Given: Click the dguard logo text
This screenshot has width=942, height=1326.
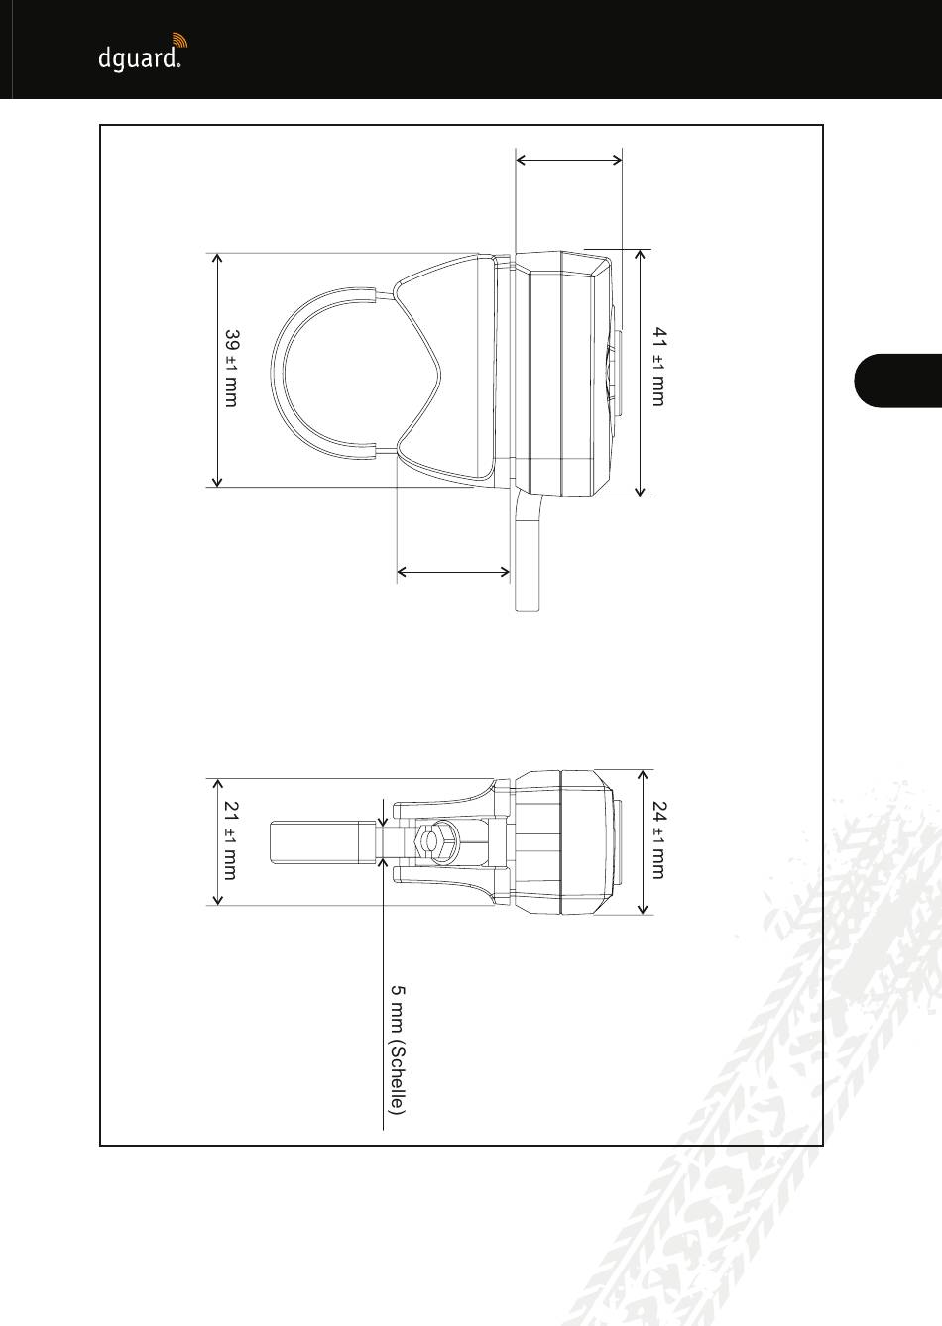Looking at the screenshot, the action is [x=139, y=60].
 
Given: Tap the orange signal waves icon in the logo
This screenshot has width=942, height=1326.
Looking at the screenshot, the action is [x=179, y=41].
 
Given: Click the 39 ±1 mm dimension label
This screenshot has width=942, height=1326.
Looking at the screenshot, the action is [x=232, y=369].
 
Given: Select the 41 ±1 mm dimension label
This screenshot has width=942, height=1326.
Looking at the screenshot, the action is [x=659, y=366].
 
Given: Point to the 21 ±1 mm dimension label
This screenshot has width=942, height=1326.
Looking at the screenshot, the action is [x=230, y=840].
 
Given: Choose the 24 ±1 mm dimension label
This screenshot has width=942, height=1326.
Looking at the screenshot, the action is [x=659, y=839].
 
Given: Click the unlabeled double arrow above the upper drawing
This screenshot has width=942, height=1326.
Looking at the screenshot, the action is [x=569, y=160].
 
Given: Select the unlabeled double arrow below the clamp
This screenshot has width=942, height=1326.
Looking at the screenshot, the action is [x=453, y=572].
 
